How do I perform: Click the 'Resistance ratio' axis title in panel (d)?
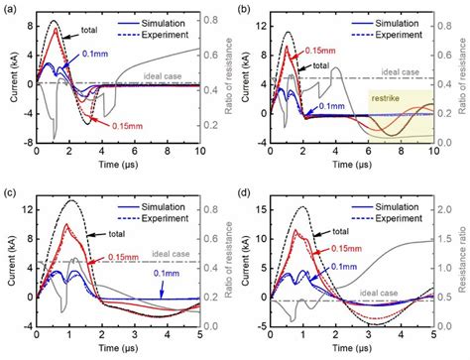[463, 263]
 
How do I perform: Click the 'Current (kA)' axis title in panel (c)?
[9, 264]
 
